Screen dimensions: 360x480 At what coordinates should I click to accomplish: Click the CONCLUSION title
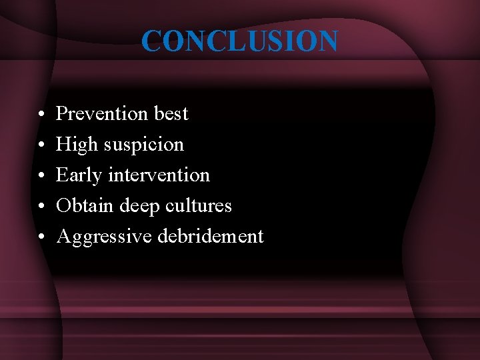point(239,41)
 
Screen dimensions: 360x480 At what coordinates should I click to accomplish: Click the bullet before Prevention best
point(41,115)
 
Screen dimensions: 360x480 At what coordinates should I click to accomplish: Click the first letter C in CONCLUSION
point(151,41)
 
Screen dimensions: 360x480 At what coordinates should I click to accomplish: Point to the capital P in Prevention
point(62,114)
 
